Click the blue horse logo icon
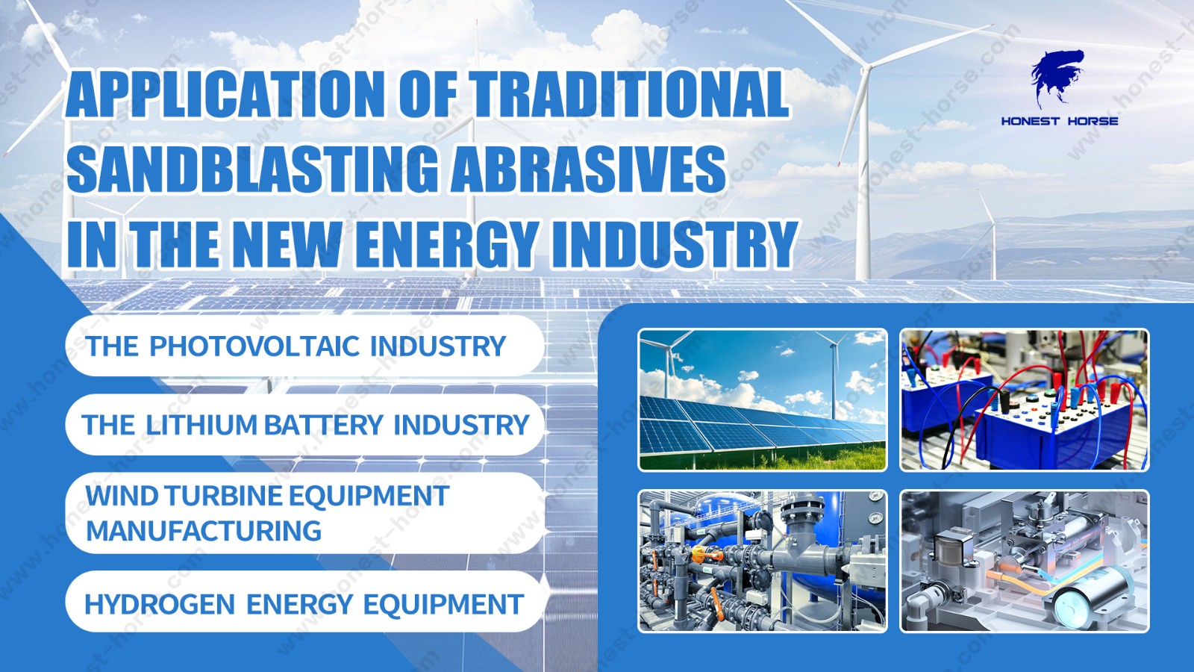tap(1057, 78)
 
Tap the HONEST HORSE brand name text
tap(1060, 121)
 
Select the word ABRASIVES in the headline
tap(589, 168)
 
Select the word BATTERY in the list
tap(324, 425)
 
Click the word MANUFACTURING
tap(204, 531)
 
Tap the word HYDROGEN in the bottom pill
tap(160, 604)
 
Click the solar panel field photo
tap(763, 400)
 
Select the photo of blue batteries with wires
tap(1024, 400)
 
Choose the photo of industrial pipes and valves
tap(763, 561)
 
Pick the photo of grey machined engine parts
tap(1024, 561)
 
